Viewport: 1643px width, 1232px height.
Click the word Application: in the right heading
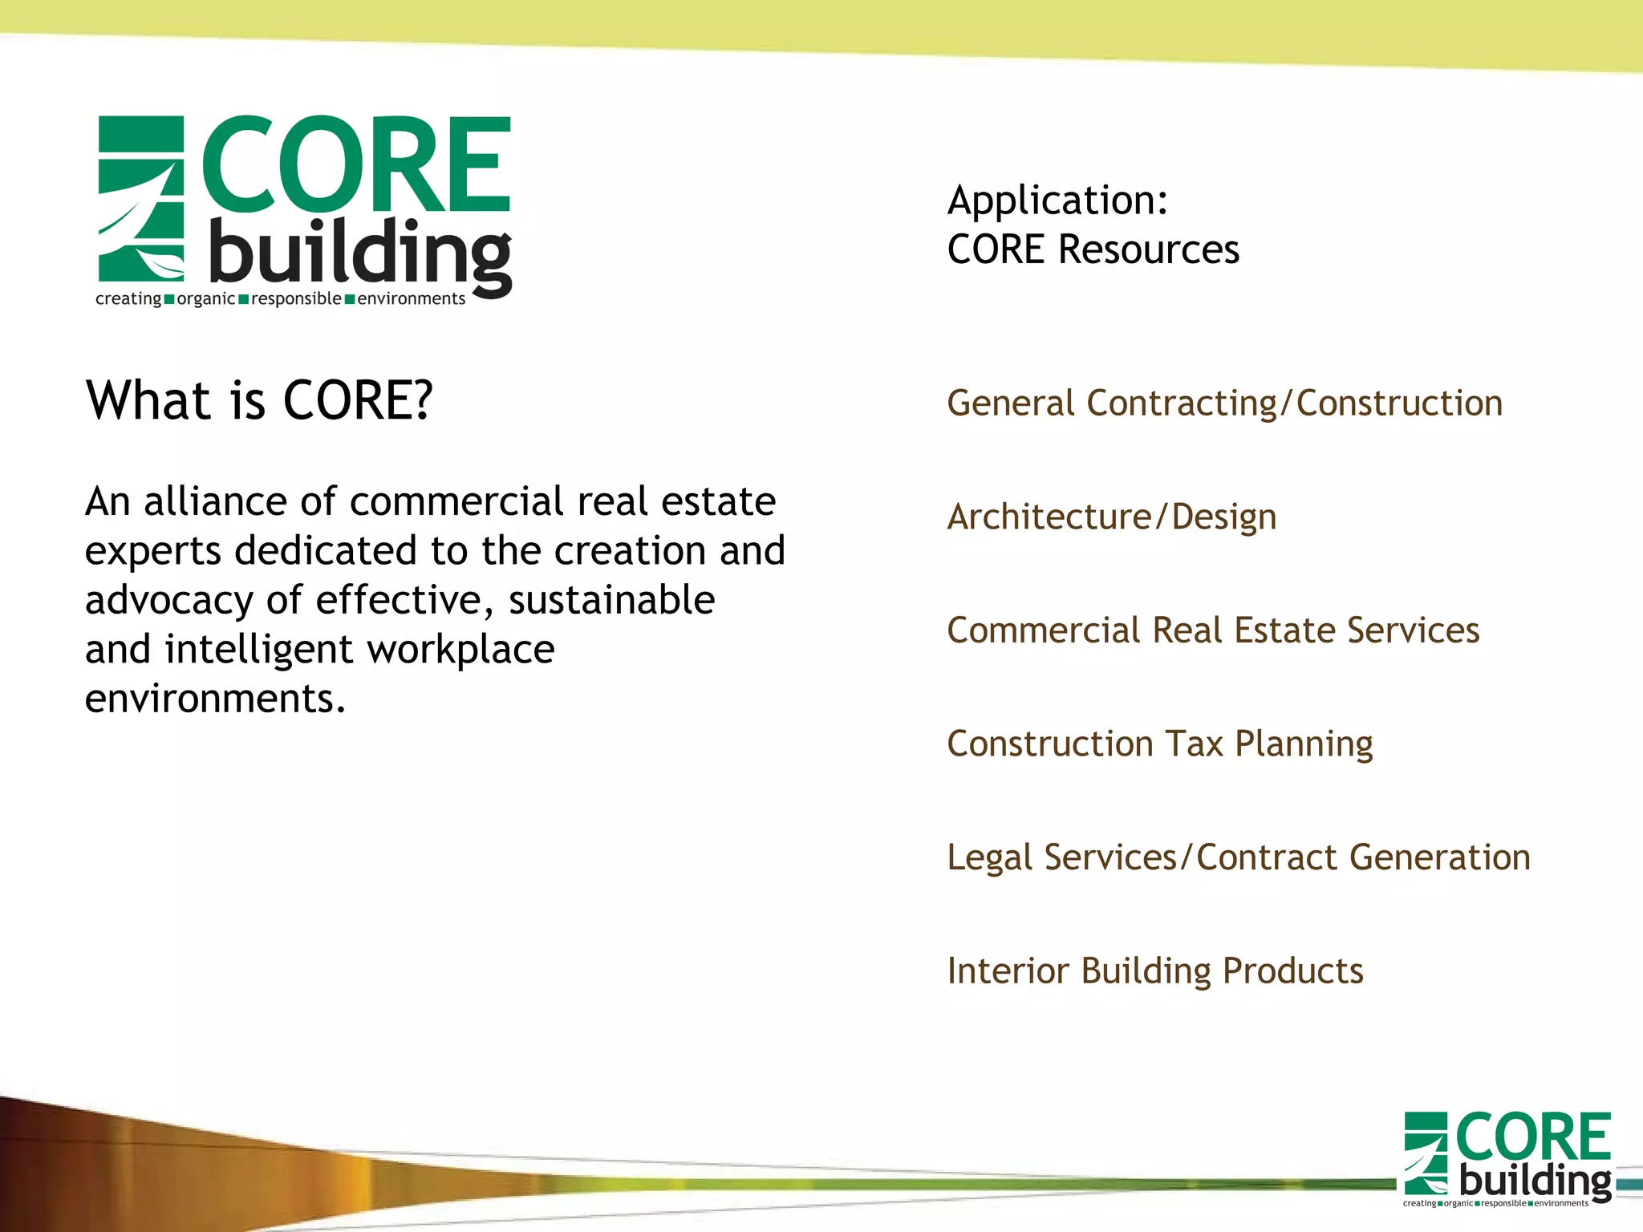point(1057,201)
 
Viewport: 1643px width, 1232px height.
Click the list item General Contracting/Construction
point(1224,403)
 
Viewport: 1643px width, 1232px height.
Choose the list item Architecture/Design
point(1111,517)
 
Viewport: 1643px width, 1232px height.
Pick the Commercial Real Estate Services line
point(1213,630)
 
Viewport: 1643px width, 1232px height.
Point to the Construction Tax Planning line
point(1159,744)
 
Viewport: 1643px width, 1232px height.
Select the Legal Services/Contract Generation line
point(1238,857)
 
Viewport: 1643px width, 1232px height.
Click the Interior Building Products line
point(1154,971)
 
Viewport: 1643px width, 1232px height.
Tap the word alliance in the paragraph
point(214,502)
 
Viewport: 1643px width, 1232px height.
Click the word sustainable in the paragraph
point(611,601)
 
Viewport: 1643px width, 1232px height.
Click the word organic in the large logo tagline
point(205,299)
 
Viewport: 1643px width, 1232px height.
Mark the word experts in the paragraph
point(152,552)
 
